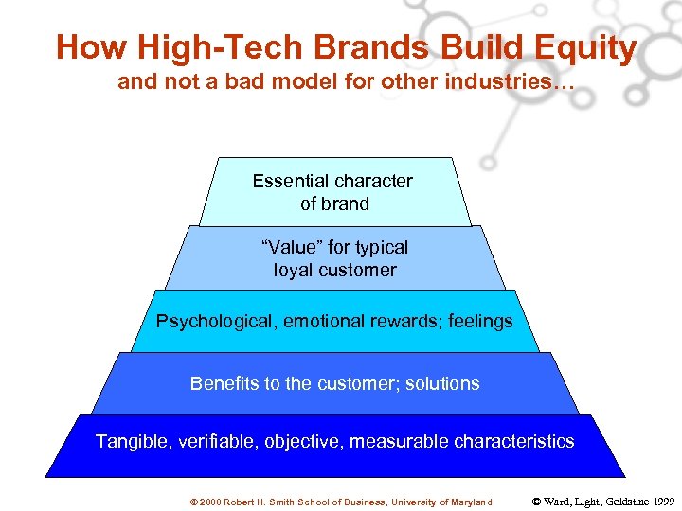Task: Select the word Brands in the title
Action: point(367,47)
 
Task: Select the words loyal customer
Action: point(334,270)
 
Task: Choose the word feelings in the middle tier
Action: point(476,321)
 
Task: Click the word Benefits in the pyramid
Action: point(224,383)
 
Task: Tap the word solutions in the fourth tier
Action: point(441,383)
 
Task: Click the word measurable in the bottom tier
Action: point(401,441)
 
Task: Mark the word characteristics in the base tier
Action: point(514,441)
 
